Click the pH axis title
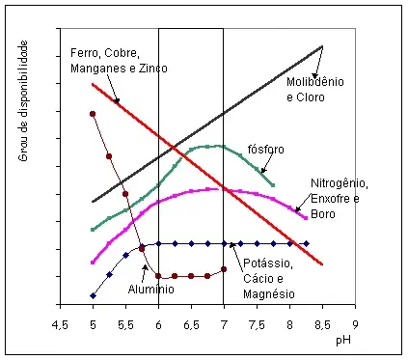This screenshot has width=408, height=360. [x=342, y=341]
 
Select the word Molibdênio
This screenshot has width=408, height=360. [x=314, y=81]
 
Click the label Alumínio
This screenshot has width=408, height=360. [x=152, y=288]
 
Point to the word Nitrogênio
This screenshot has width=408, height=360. [x=339, y=183]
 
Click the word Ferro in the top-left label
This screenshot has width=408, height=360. [x=86, y=51]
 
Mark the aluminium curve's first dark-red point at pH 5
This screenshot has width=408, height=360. [x=93, y=114]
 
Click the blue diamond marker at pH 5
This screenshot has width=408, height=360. [x=93, y=295]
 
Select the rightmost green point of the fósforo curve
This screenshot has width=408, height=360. [x=274, y=184]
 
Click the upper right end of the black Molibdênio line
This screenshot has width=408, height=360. [x=322, y=45]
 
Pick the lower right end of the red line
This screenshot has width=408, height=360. [x=322, y=264]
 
